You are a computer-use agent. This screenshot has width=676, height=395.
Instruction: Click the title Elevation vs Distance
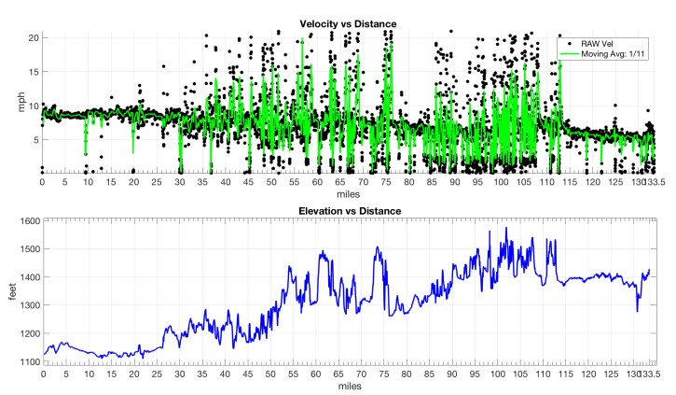pyautogui.click(x=347, y=212)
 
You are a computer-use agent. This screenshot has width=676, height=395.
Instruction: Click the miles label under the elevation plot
pyautogui.click(x=347, y=385)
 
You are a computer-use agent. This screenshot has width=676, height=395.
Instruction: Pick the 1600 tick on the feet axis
pyautogui.click(x=26, y=221)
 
